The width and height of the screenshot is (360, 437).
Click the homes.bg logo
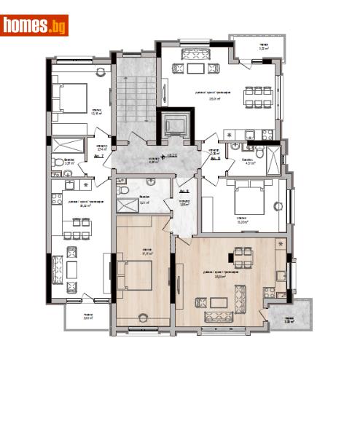(x=35, y=25)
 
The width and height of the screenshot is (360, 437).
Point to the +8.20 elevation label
(x=172, y=155)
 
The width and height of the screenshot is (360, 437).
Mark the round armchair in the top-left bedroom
(x=101, y=74)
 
